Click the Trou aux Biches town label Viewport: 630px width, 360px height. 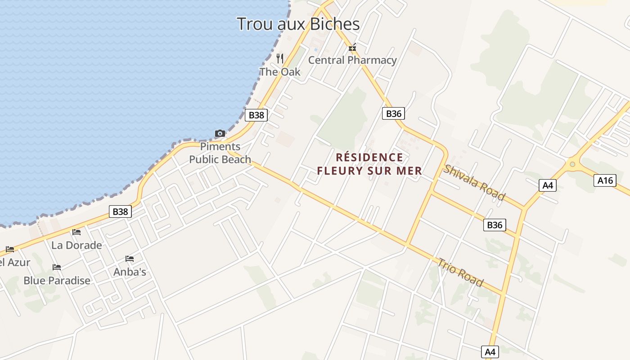tap(298, 24)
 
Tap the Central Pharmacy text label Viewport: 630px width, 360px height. tap(352, 60)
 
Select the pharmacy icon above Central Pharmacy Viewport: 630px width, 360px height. tap(352, 47)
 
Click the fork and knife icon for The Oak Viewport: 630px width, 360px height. tap(280, 58)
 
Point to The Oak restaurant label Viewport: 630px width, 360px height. tap(280, 72)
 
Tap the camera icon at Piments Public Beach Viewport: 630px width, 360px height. tap(220, 133)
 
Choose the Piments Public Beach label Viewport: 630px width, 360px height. tap(220, 153)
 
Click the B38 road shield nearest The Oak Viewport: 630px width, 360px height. tap(256, 115)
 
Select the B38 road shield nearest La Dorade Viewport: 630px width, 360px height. tap(120, 211)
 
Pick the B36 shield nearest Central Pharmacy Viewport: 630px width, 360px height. tap(394, 113)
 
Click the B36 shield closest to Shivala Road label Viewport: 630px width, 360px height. tap(495, 225)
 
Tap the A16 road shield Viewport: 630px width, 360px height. tap(605, 180)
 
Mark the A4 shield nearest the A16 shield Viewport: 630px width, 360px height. tap(548, 185)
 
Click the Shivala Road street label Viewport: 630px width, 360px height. tap(474, 182)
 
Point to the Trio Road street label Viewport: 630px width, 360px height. tap(460, 272)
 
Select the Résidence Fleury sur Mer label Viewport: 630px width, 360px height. tap(369, 164)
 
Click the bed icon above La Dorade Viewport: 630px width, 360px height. tap(76, 232)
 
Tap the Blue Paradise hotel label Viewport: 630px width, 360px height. tap(57, 280)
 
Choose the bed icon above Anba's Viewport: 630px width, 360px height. tap(130, 259)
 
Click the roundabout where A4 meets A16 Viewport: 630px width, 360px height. tap(572, 164)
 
